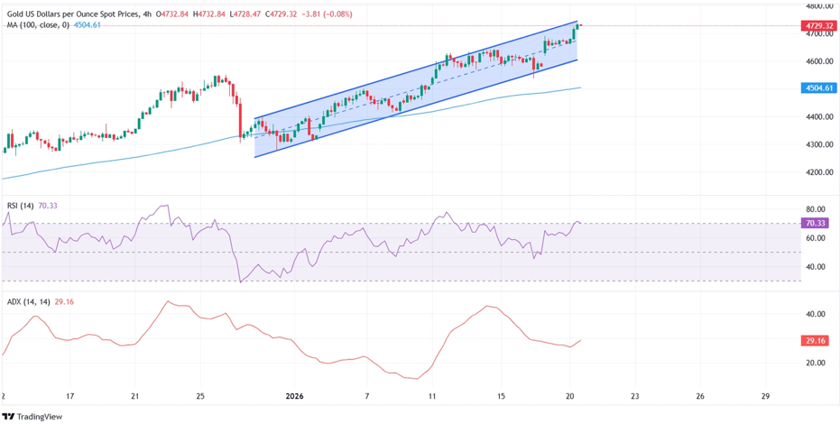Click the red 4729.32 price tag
(x=818, y=26)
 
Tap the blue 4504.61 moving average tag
(x=818, y=88)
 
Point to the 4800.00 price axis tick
(x=818, y=6)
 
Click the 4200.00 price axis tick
(x=818, y=171)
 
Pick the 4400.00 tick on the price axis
(x=818, y=116)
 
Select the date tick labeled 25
(x=200, y=396)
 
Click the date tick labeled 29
(x=765, y=396)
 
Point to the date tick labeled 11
(x=432, y=396)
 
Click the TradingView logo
(x=32, y=416)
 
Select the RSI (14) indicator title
(x=20, y=206)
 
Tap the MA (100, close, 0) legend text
(x=37, y=25)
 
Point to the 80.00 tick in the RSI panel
(x=816, y=209)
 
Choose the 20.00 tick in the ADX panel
(x=816, y=363)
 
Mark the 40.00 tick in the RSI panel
(x=816, y=267)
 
